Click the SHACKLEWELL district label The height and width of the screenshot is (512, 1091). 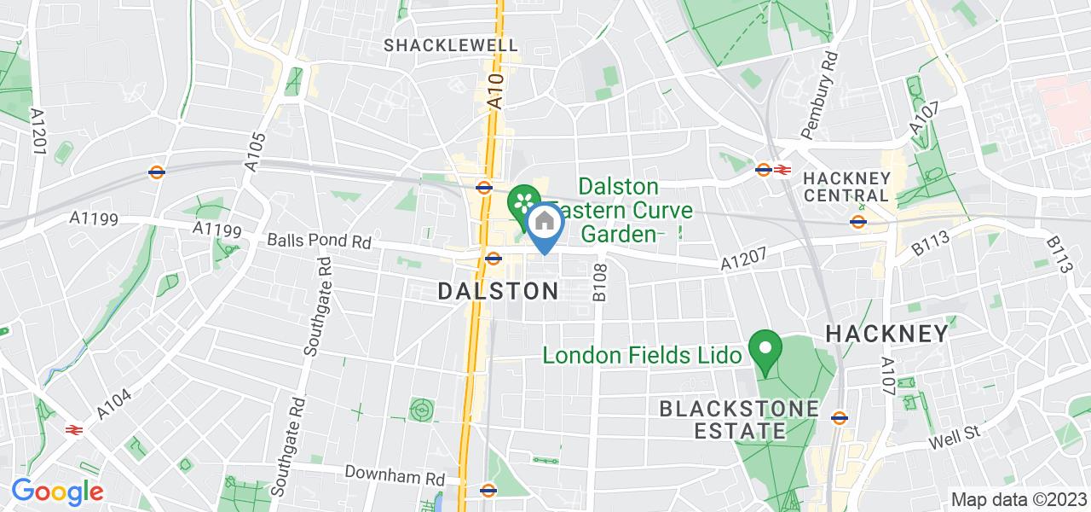pyautogui.click(x=451, y=44)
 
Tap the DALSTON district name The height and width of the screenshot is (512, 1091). pyautogui.click(x=499, y=291)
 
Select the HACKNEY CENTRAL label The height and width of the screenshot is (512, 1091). pyautogui.click(x=847, y=187)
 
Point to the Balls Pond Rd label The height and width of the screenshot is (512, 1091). pyautogui.click(x=320, y=241)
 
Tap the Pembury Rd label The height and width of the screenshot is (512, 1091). pyautogui.click(x=819, y=94)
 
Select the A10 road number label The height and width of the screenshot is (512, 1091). pyautogui.click(x=496, y=90)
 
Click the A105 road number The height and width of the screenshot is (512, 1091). pyautogui.click(x=256, y=151)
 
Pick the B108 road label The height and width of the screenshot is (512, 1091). pyautogui.click(x=599, y=282)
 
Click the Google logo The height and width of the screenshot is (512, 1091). pyautogui.click(x=57, y=491)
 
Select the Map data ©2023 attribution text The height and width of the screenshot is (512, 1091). pyautogui.click(x=1018, y=500)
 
